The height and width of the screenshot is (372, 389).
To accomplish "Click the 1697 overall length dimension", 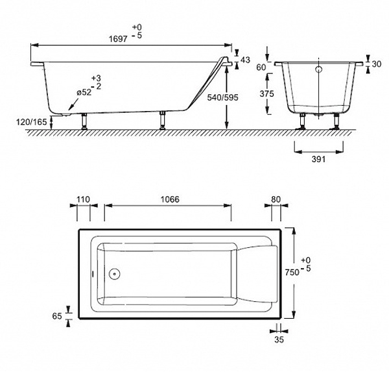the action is pos(118,39).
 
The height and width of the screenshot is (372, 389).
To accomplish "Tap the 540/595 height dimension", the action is pos(222,97).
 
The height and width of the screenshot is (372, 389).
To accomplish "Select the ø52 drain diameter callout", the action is pos(84,93).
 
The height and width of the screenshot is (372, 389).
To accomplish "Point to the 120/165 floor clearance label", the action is pos(32,122).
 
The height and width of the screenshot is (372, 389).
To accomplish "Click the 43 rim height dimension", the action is pos(245,60).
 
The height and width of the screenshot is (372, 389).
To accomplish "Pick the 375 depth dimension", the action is pos(266,93).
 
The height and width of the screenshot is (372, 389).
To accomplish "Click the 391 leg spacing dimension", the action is pos(318,159).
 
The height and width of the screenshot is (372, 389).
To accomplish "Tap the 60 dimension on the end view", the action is pos(261,68).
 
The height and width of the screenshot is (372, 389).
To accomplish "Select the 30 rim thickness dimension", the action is pos(376,64).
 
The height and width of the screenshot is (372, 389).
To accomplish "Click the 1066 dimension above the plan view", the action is pos(170,199).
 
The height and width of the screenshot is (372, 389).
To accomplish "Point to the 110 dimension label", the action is pos(83,199).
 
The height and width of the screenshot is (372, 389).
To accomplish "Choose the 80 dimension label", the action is pos(276,199).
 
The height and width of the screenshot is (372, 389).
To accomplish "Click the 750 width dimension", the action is pos(292,273).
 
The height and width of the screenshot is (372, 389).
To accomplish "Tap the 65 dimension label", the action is pos(57,316).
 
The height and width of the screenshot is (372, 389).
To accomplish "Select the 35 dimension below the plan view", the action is pos(279,340).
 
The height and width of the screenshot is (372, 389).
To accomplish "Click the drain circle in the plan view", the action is pos(114,274).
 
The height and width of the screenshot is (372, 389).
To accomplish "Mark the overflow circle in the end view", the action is pos(319,69).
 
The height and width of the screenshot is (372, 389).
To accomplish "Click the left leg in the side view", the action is pos(84,121).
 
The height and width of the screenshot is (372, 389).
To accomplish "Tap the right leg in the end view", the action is pos(336,121).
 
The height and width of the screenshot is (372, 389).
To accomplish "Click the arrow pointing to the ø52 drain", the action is pos(73,104).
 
